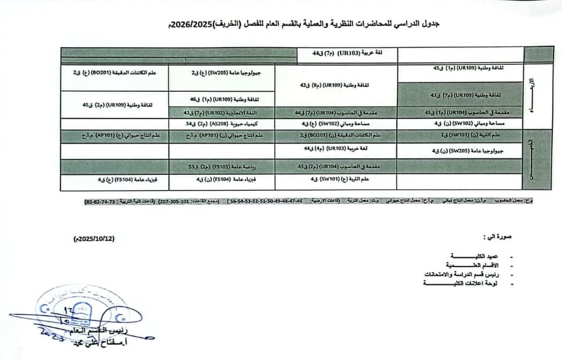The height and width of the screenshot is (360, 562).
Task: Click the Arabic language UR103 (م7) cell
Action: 344,54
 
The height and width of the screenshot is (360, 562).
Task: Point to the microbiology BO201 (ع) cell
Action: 115,73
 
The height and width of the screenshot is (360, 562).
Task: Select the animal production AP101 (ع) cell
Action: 115,134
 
